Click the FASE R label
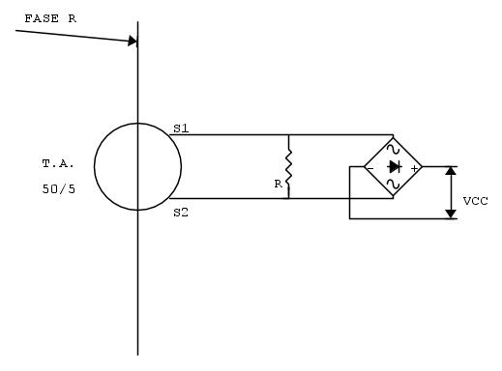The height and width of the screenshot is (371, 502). click(x=50, y=18)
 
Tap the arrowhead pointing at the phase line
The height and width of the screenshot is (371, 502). click(x=133, y=41)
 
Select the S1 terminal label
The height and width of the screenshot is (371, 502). click(x=181, y=128)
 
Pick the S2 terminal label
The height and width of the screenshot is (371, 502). click(x=181, y=213)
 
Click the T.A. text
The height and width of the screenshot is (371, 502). click(x=58, y=164)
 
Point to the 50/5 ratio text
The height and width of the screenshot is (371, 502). click(x=59, y=189)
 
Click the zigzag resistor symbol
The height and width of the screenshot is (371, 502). click(x=288, y=167)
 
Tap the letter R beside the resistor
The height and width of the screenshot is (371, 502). click(x=278, y=184)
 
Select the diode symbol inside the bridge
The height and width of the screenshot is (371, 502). click(x=395, y=167)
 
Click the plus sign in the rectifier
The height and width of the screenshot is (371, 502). click(x=414, y=168)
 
